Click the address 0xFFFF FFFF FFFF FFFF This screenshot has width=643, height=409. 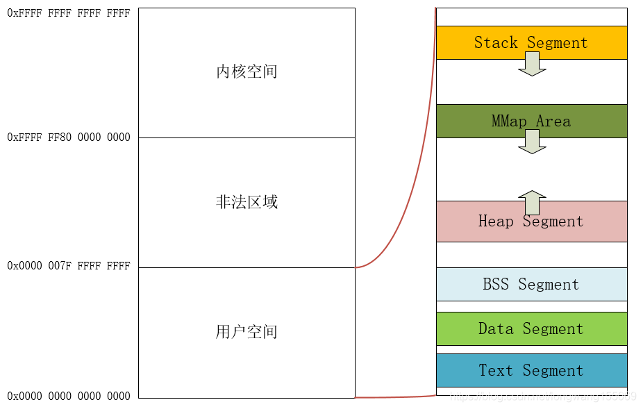tap(68, 13)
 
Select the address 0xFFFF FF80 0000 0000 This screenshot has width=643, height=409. tap(68, 137)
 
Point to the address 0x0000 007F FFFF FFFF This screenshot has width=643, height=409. tap(68, 266)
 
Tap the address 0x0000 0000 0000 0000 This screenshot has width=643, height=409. tap(68, 396)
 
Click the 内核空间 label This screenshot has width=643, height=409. tap(247, 72)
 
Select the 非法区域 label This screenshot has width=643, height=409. tap(247, 202)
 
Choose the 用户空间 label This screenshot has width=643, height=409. tap(247, 332)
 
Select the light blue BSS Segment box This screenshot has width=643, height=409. tap(531, 284)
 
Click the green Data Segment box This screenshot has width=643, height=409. tap(531, 328)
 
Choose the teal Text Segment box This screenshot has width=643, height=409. tap(531, 370)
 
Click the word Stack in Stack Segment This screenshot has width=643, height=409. tap(496, 42)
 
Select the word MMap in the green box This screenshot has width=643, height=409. tap(509, 121)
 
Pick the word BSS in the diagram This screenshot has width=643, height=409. tap(496, 284)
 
